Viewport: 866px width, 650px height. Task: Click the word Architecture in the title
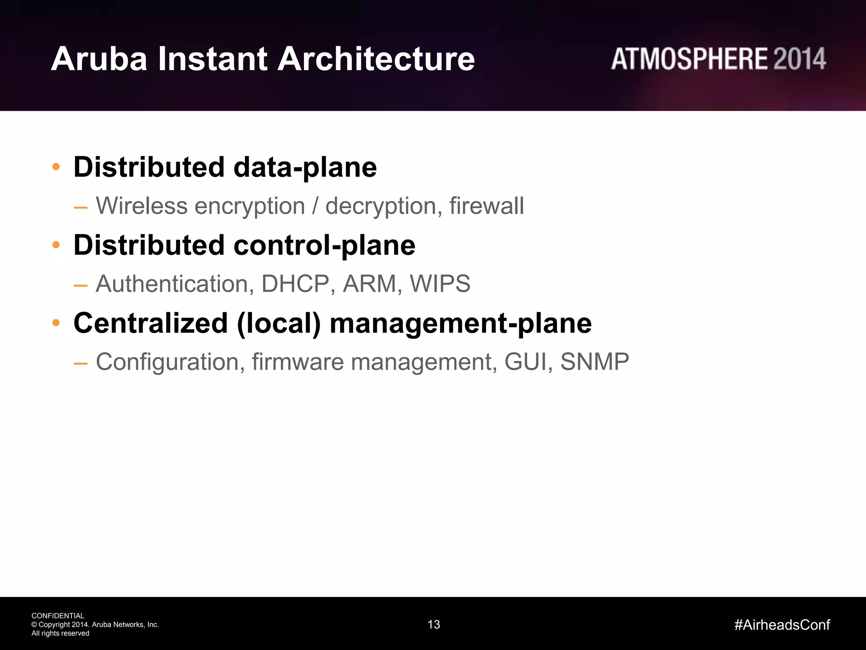pos(376,59)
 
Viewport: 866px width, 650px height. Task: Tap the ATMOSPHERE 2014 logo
pos(718,59)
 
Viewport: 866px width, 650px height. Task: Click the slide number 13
pos(434,625)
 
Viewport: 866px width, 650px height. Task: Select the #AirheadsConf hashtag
pos(782,625)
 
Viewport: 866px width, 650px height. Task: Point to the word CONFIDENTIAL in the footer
pos(58,616)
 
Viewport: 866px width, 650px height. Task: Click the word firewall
pos(486,206)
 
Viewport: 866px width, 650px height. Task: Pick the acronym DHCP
pos(295,284)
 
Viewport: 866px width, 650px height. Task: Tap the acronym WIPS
pos(440,284)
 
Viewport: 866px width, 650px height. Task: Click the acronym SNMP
pos(594,362)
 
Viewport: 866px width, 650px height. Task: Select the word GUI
pos(525,362)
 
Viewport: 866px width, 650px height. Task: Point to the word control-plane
pos(324,245)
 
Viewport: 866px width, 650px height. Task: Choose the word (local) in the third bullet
pos(279,324)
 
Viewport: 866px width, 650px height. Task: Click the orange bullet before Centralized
pos(56,323)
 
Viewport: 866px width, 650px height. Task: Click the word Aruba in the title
pos(99,59)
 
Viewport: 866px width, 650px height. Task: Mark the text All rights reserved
pos(60,633)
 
